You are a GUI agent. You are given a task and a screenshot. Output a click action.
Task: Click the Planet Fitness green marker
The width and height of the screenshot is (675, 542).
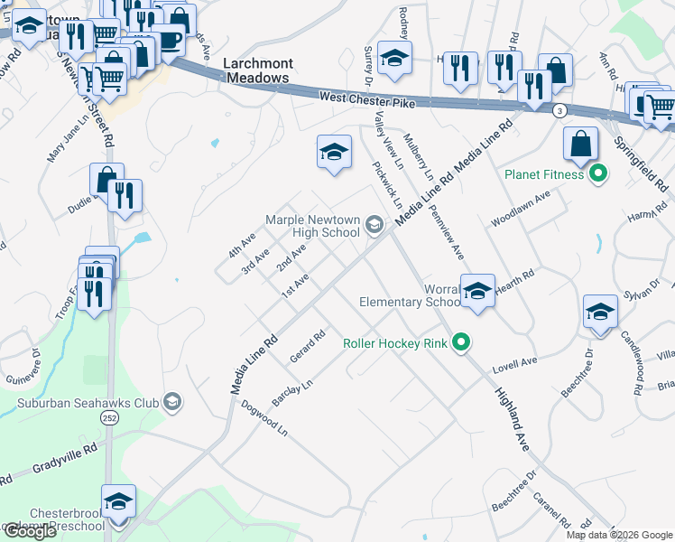tap(596, 174)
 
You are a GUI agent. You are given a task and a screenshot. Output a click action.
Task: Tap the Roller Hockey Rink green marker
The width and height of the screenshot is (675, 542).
tap(461, 343)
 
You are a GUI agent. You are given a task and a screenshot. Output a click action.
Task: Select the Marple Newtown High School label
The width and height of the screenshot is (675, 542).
tap(312, 227)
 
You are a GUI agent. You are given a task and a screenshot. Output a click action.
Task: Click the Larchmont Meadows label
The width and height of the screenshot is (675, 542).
tap(256, 70)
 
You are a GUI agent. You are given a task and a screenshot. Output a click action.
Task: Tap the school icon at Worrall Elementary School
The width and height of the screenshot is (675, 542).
tap(477, 291)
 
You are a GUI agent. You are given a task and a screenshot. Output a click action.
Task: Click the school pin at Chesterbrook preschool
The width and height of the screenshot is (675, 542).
tap(118, 501)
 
